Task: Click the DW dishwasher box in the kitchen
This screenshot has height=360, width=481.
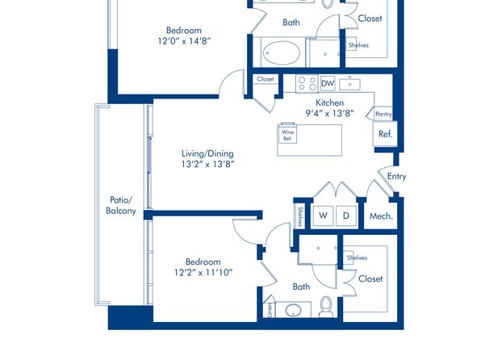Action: [328, 83]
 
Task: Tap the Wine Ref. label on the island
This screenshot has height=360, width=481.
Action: [287, 136]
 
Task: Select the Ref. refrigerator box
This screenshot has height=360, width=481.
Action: [385, 134]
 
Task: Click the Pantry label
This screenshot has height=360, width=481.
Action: [383, 114]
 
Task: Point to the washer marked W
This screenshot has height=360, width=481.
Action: [324, 216]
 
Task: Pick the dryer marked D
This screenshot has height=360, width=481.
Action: [346, 216]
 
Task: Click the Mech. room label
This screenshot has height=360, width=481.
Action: [381, 216]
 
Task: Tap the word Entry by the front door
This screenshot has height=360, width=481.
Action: [396, 177]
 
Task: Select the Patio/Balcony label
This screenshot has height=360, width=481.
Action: [121, 205]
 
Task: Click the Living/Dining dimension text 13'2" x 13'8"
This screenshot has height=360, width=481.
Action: [207, 164]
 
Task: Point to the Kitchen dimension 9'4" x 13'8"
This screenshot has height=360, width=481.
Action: [329, 114]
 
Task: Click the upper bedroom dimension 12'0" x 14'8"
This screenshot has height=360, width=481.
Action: [184, 41]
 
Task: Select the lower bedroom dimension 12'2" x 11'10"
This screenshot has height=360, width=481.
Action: [203, 272]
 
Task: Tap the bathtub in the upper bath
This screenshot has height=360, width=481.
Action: [282, 52]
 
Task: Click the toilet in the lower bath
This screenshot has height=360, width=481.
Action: [326, 307]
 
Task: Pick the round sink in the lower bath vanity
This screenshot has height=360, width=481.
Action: [294, 310]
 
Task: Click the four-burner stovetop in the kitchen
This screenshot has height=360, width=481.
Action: [307, 83]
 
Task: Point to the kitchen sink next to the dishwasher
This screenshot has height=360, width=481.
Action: [349, 84]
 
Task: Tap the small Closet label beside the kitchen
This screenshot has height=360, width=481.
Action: [266, 79]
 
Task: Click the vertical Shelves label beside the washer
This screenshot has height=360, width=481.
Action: [300, 216]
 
